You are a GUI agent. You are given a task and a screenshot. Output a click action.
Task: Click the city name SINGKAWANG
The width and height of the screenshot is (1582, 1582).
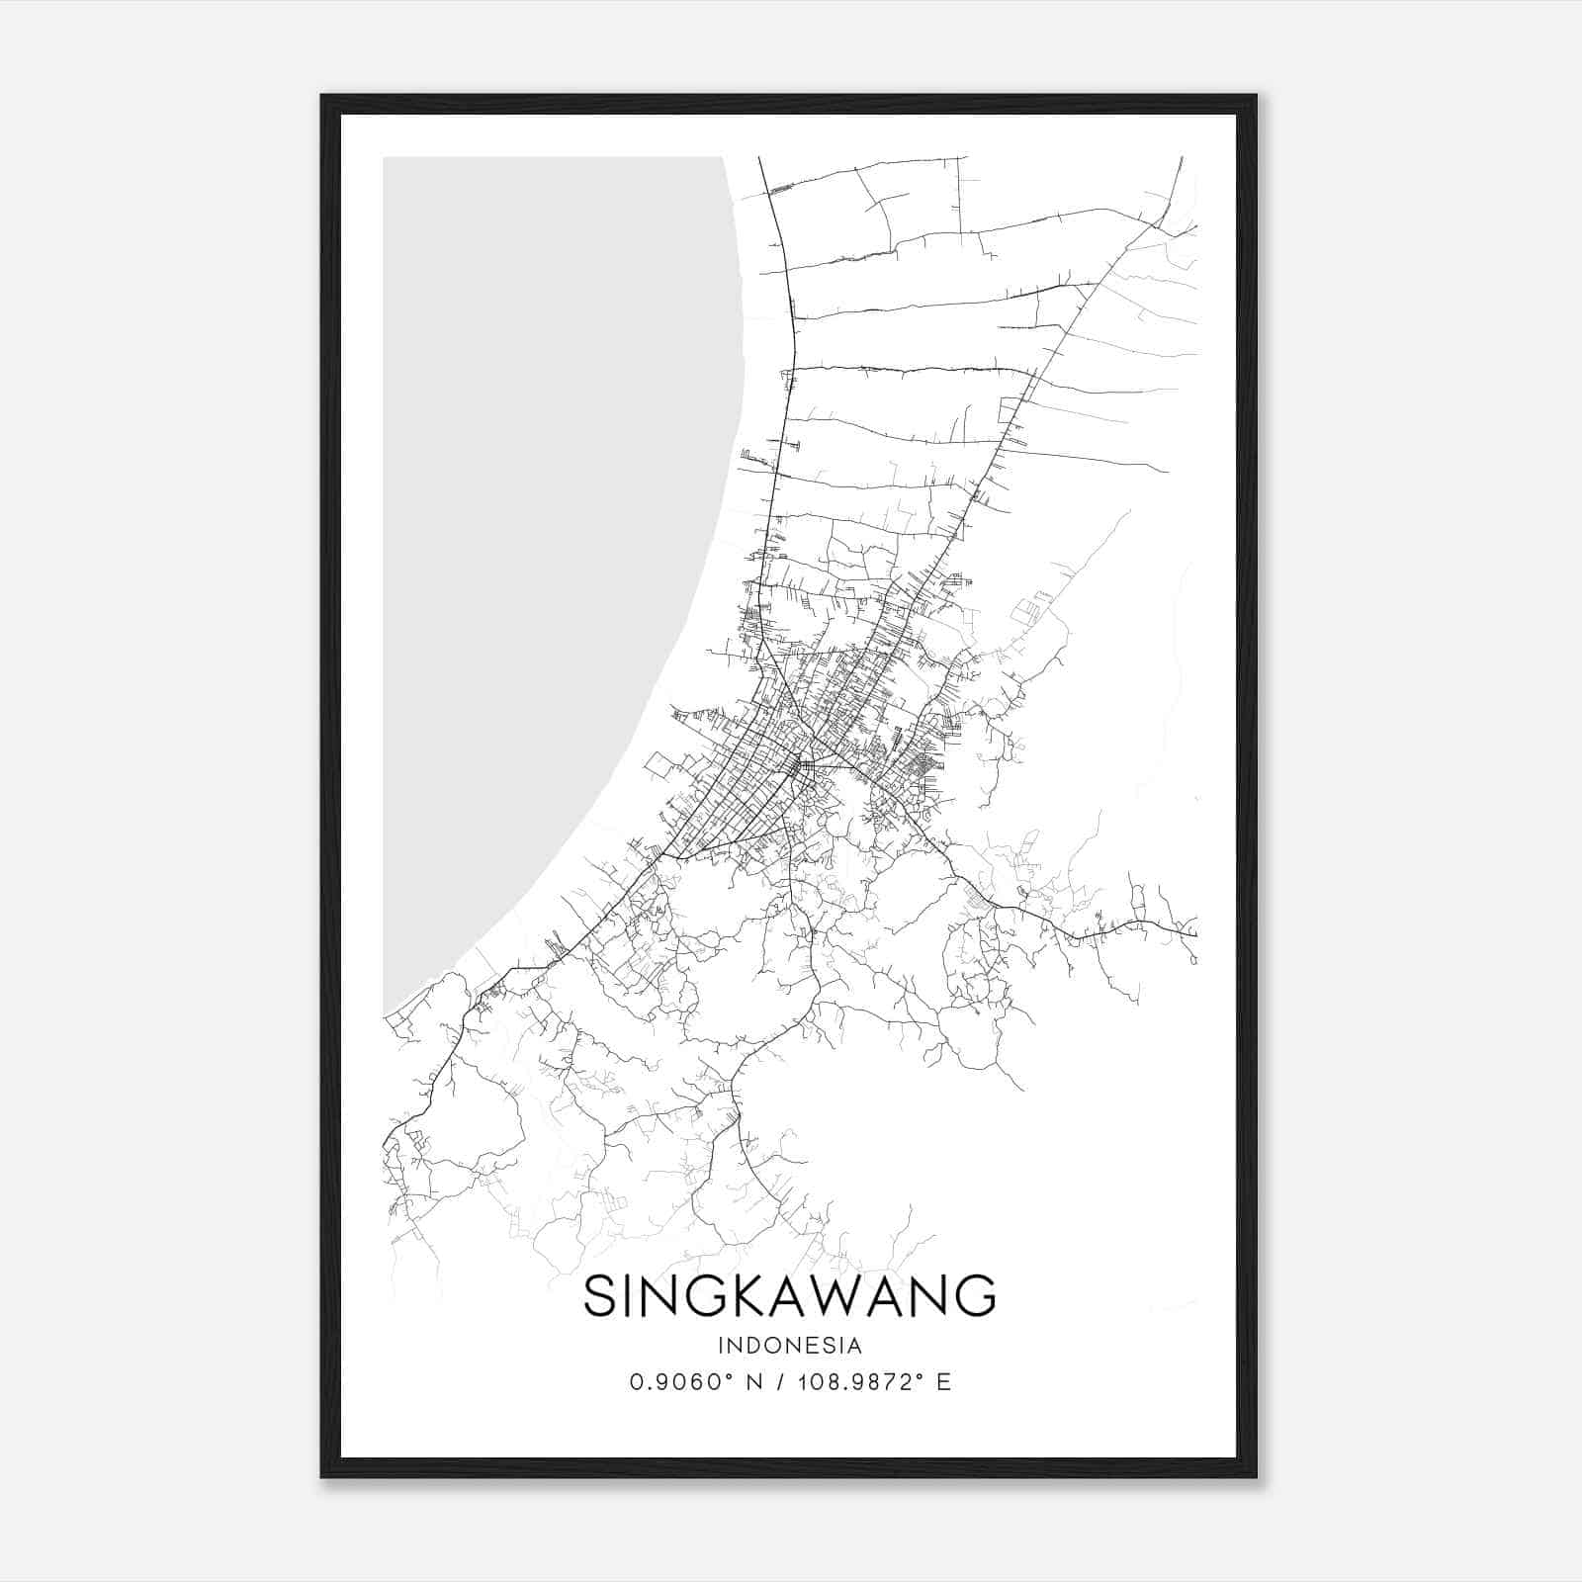pos(789,1295)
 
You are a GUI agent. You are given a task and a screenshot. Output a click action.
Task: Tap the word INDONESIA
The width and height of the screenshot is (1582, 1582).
pos(790,1346)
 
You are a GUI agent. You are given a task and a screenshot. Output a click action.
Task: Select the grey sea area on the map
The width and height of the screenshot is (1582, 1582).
pos(554,494)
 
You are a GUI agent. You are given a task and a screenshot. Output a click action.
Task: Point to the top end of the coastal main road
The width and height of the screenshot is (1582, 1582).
pos(759,159)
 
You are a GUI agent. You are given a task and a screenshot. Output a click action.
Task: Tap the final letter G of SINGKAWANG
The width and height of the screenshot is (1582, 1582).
pos(976,1295)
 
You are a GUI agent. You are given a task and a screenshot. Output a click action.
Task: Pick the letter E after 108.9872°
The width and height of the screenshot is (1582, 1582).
pos(943,1382)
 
